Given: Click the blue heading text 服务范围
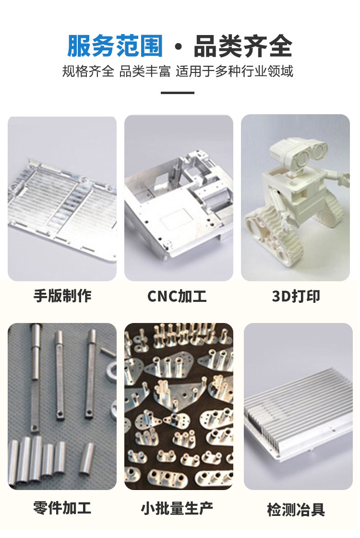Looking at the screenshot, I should click(115, 47).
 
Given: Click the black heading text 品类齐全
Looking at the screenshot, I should click(243, 47).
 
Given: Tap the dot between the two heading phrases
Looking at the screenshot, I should click(179, 48).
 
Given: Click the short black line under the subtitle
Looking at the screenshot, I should click(178, 93).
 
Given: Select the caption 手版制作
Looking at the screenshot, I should click(62, 296).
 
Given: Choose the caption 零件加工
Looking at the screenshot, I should click(62, 508).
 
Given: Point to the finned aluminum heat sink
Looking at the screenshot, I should click(298, 413).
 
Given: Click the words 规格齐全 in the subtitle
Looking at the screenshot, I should click(88, 72).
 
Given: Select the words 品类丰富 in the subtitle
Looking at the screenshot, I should click(145, 72).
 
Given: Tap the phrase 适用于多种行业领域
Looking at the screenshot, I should click(234, 72).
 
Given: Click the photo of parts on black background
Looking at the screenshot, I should click(179, 406).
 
